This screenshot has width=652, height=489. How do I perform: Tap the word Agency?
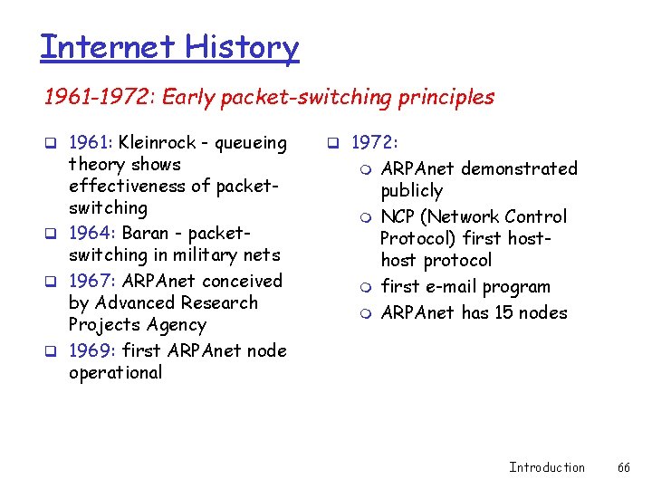(176, 325)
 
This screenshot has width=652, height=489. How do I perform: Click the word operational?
(115, 372)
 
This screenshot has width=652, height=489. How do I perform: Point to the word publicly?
(411, 191)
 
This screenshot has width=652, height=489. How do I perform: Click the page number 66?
(624, 467)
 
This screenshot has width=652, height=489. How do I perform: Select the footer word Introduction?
(547, 467)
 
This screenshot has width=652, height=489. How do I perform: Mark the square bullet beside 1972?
(332, 143)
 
